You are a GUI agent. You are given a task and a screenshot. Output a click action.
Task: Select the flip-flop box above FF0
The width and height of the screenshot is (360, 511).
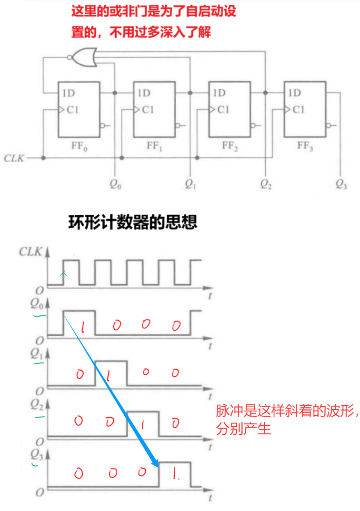coord(79,109)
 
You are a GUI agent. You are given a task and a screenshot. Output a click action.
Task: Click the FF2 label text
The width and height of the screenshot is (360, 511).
coord(230,146)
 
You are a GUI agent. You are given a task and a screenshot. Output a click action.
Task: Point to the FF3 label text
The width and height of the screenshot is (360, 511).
coord(305,145)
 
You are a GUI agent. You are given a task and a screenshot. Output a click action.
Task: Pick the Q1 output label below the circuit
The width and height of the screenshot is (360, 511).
coord(190,184)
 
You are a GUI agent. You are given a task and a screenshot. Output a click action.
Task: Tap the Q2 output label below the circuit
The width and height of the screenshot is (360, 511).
coord(266,184)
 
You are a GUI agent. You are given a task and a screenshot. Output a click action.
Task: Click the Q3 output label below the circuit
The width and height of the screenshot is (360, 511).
coord(341,184)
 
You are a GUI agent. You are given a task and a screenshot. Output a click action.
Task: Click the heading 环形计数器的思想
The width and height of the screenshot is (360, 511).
coord(133,222)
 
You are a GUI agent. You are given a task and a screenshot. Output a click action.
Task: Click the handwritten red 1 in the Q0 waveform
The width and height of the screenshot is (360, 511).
coord(82,327)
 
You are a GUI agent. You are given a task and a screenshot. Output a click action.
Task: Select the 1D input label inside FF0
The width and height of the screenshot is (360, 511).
coord(69,93)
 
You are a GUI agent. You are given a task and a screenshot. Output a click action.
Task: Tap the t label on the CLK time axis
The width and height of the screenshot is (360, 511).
coord(210,295)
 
